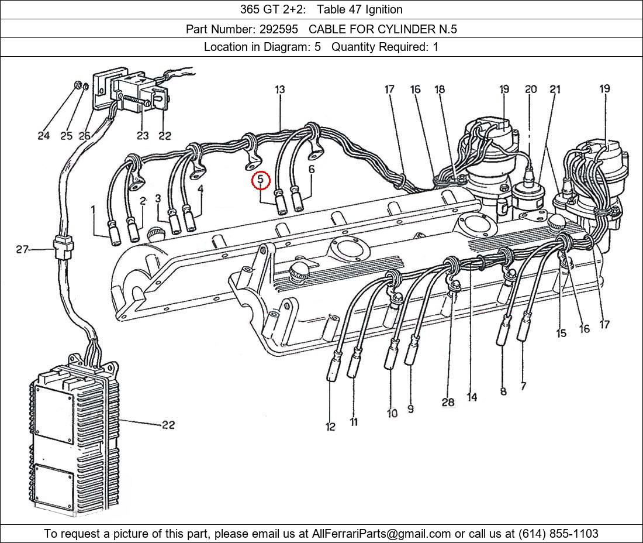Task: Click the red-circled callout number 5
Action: click(261, 181)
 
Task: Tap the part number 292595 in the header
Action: click(278, 29)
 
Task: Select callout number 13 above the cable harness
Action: click(279, 90)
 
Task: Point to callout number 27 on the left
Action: click(22, 249)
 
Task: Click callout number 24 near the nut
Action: click(43, 135)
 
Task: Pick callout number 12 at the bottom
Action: click(330, 427)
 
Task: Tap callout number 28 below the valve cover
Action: click(448, 402)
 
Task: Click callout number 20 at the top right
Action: click(531, 89)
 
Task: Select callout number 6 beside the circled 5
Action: click(312, 169)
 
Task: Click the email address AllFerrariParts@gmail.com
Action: click(381, 534)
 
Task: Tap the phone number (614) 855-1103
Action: click(558, 534)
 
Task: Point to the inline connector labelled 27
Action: click(64, 248)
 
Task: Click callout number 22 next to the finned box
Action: click(168, 425)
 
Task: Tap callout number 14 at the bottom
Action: click(472, 397)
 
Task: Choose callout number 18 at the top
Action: click(439, 89)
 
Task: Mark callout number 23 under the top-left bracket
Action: click(142, 135)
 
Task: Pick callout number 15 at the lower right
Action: click(561, 333)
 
